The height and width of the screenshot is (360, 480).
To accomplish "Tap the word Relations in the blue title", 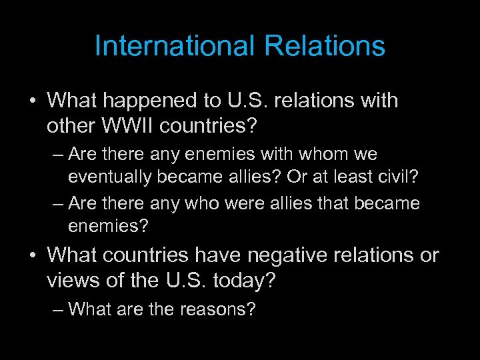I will pyautogui.click(x=325, y=46).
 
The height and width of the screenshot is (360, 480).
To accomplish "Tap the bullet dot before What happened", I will pyautogui.click(x=31, y=101).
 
